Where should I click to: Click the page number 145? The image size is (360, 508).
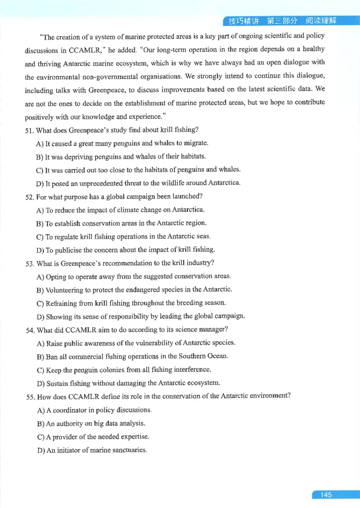click(326, 495)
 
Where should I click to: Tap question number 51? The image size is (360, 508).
click(29, 130)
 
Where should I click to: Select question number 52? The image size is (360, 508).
click(29, 196)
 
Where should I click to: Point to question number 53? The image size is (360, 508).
click(30, 263)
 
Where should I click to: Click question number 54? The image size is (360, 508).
click(30, 330)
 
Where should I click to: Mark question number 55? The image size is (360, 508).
click(30, 396)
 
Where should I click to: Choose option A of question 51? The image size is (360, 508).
click(39, 143)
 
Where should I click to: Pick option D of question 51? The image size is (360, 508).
click(39, 183)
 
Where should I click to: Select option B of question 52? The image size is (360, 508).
click(39, 223)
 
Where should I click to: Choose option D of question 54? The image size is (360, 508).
click(39, 383)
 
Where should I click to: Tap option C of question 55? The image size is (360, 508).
click(39, 437)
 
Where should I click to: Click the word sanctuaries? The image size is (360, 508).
click(129, 450)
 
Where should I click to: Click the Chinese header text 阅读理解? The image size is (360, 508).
click(321, 21)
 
